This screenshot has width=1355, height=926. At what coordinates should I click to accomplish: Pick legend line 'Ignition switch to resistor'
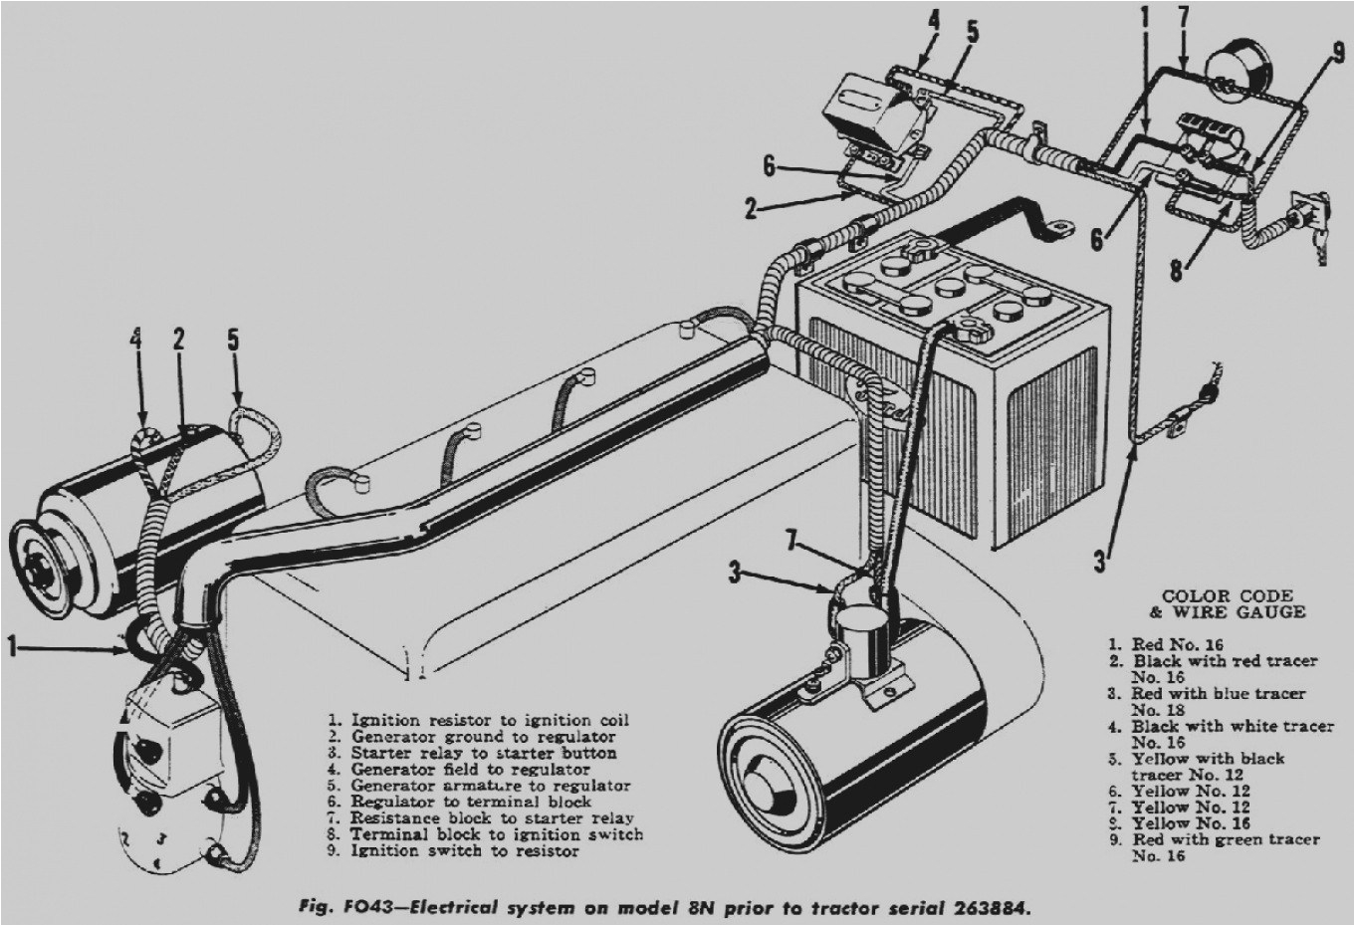(x=464, y=851)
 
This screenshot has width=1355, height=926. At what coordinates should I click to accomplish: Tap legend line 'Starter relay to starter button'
(x=483, y=753)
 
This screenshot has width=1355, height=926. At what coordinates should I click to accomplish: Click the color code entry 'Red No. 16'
(x=1176, y=644)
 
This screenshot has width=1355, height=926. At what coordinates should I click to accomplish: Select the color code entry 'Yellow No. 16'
(x=1190, y=823)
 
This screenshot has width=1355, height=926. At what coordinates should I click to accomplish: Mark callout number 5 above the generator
(x=234, y=339)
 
